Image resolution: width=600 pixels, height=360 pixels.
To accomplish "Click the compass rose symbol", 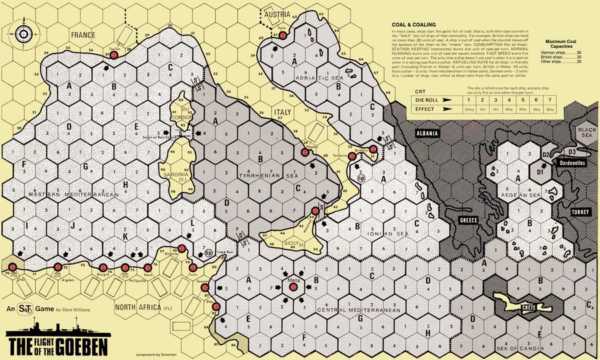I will (x=25, y=34).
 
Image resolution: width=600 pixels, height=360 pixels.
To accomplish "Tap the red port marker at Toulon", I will (x=114, y=56).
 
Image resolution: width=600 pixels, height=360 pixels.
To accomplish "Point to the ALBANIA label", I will (x=427, y=134).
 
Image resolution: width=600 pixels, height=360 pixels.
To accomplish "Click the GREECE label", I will (x=465, y=220).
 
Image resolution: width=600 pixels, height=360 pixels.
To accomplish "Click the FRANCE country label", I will (x=85, y=34).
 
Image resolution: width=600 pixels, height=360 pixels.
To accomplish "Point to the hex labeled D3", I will (x=572, y=153).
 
